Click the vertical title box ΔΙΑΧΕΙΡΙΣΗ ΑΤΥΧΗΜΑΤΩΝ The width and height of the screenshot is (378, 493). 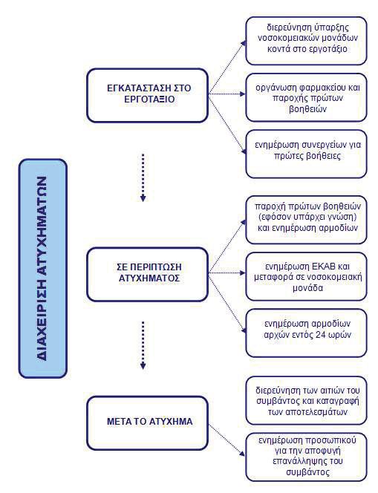43,268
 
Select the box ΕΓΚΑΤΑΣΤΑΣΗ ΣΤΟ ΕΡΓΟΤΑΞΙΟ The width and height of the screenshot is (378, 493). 148,95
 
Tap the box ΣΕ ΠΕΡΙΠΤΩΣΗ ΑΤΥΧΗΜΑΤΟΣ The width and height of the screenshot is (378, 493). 148,275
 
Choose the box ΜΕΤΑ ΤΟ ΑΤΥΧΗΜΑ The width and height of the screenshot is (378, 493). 148,422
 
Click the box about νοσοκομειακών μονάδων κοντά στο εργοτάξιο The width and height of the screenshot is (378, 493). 306,41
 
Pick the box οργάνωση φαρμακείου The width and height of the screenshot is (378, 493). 306,97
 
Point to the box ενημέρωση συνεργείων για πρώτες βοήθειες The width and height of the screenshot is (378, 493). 306,154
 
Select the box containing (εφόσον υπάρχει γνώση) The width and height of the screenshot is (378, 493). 306,220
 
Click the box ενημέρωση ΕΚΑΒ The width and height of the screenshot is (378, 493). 306,277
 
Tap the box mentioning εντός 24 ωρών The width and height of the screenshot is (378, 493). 306,333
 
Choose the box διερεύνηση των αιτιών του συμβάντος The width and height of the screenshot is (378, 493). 306,400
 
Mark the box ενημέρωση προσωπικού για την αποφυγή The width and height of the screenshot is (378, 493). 306,457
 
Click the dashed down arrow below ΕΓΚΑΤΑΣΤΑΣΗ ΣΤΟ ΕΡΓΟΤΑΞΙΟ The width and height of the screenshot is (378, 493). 143,177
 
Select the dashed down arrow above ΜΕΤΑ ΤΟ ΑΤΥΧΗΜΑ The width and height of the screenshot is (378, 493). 143,345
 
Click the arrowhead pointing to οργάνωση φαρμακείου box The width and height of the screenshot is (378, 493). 242,94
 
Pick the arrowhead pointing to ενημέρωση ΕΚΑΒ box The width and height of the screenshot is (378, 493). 242,273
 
